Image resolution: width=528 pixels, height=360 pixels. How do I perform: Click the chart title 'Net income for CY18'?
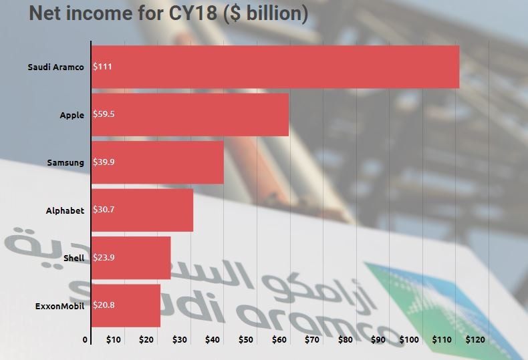click(x=168, y=13)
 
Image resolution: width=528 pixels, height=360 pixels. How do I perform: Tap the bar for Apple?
click(x=190, y=114)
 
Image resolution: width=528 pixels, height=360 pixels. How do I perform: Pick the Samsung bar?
click(x=158, y=162)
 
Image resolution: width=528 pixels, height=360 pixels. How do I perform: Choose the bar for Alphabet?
click(x=142, y=210)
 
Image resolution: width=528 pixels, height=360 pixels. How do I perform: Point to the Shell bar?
click(x=131, y=258)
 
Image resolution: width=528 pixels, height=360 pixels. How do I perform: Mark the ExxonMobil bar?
click(x=126, y=306)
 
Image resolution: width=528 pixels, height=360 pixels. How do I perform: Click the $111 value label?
click(x=102, y=67)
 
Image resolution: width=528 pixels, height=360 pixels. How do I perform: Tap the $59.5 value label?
click(x=104, y=114)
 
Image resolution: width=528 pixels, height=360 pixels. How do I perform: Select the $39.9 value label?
click(x=104, y=162)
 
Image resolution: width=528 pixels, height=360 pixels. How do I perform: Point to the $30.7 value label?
click(x=104, y=210)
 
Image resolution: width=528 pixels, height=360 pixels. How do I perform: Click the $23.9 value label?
click(x=104, y=258)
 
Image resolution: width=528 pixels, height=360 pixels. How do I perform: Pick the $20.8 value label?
click(x=104, y=306)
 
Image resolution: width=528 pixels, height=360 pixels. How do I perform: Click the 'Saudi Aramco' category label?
click(x=56, y=67)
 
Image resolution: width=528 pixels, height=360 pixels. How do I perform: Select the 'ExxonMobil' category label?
click(x=59, y=306)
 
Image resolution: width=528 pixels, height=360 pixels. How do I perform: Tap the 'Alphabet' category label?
click(x=65, y=210)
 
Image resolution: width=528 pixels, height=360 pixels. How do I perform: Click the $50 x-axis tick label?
click(x=246, y=340)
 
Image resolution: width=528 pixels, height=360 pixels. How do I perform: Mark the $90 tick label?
click(x=378, y=340)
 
